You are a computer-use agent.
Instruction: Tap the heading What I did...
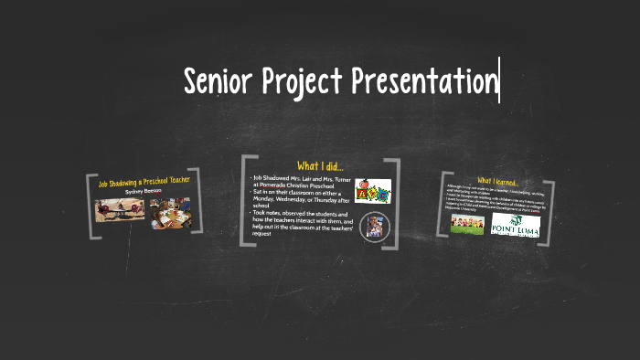(x=320, y=165)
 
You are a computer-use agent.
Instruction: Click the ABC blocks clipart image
(x=372, y=191)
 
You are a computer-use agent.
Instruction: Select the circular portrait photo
(x=373, y=226)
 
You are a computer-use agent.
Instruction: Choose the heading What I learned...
(x=497, y=181)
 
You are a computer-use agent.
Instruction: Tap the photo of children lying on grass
(x=467, y=224)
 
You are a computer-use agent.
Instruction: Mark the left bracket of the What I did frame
(x=244, y=201)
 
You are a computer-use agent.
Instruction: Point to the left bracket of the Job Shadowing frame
(x=91, y=206)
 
